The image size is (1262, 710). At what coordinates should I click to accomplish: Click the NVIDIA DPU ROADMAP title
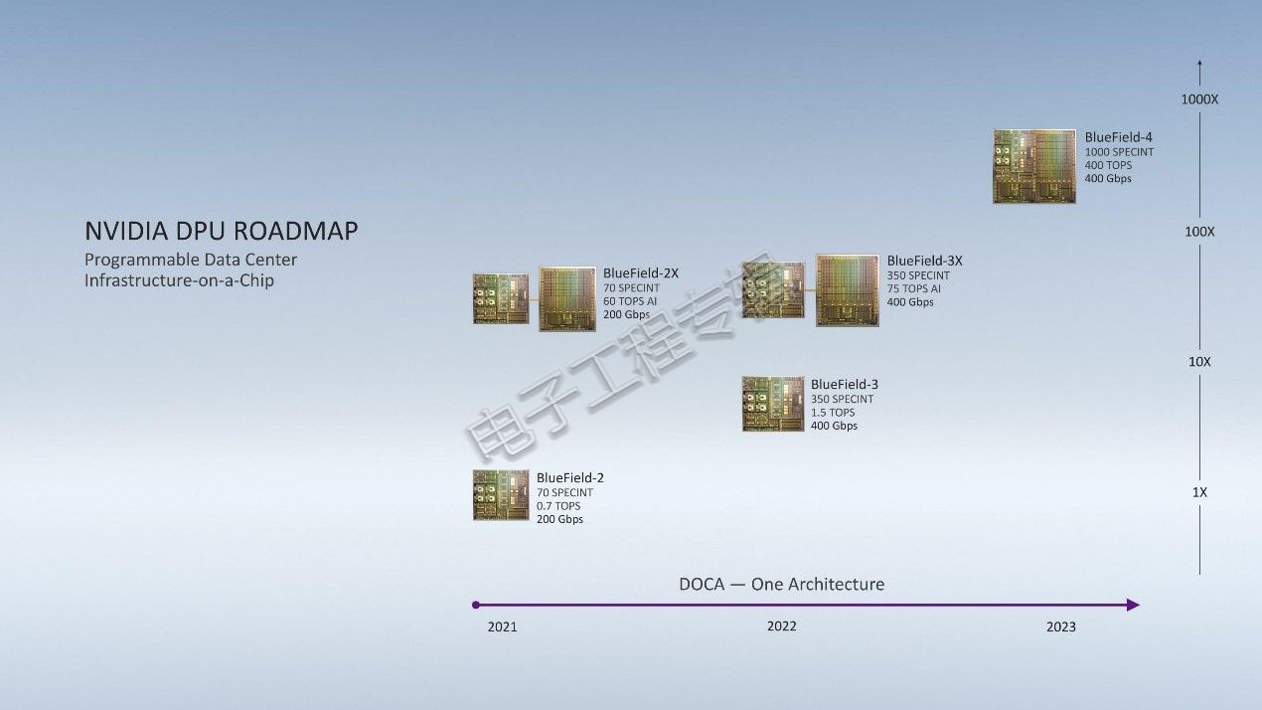(x=221, y=232)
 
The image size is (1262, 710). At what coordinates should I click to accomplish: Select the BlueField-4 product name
(x=1118, y=137)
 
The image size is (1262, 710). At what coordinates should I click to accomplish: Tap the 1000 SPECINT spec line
(x=1119, y=152)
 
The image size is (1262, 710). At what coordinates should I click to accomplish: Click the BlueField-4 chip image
(x=1034, y=166)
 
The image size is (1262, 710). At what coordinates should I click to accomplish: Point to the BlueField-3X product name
(x=924, y=261)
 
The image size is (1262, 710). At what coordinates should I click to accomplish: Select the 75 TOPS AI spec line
(x=914, y=288)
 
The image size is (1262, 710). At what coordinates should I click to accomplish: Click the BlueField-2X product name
(x=641, y=272)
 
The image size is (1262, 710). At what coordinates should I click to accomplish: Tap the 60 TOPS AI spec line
(x=630, y=301)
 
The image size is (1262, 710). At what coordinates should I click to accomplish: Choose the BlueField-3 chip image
(x=773, y=404)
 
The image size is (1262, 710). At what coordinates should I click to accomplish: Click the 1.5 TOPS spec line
(x=833, y=413)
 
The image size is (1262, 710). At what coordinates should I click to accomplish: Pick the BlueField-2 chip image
(x=501, y=495)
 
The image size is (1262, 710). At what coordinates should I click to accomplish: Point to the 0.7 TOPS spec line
(x=558, y=506)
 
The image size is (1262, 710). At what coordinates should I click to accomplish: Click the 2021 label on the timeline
(x=502, y=626)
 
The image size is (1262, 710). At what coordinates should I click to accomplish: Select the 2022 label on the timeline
(x=781, y=625)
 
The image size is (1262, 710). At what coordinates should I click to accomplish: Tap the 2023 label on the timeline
(x=1061, y=626)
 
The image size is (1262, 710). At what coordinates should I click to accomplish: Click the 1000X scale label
(x=1199, y=99)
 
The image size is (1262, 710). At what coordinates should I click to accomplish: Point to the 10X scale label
(x=1199, y=362)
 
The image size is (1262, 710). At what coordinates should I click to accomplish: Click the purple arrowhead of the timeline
(x=1133, y=606)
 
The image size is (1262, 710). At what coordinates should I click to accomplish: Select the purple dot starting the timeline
(x=476, y=606)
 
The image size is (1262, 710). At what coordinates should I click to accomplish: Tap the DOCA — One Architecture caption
(x=781, y=584)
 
